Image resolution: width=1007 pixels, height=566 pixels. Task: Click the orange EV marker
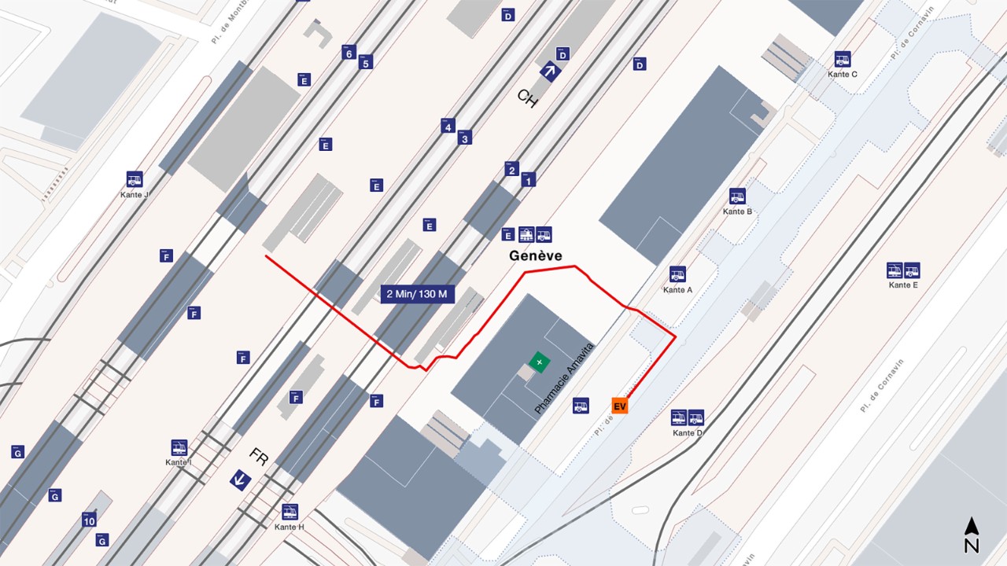pyautogui.click(x=620, y=406)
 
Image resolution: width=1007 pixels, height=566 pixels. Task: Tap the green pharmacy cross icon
pyautogui.click(x=540, y=362)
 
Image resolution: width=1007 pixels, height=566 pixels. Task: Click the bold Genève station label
pyautogui.click(x=536, y=255)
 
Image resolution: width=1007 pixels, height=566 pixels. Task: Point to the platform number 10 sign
pyautogui.click(x=89, y=520)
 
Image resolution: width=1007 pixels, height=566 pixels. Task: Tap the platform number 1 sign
pyautogui.click(x=528, y=180)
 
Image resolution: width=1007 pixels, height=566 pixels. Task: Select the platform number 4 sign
pyautogui.click(x=448, y=126)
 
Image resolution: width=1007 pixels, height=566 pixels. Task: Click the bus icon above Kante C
pyautogui.click(x=843, y=59)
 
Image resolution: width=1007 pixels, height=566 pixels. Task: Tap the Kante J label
pyautogui.click(x=135, y=195)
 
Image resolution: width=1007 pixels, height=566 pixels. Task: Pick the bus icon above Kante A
pyautogui.click(x=677, y=274)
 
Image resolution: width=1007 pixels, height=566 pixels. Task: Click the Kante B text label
pyautogui.click(x=738, y=211)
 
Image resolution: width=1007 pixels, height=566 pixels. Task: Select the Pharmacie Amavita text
pyautogui.click(x=563, y=380)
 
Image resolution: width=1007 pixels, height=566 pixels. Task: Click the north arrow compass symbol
pyautogui.click(x=972, y=535)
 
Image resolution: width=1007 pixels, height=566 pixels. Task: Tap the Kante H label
pyautogui.click(x=290, y=527)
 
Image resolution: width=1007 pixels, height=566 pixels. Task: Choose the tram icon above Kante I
pyautogui.click(x=179, y=448)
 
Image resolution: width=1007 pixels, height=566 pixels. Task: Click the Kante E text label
pyautogui.click(x=903, y=285)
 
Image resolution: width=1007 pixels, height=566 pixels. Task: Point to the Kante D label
pyautogui.click(x=688, y=433)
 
